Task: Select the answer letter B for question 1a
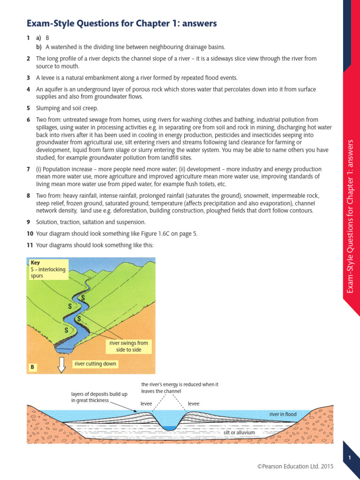point(47,37)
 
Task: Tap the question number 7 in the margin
point(29,169)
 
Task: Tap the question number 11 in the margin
point(30,245)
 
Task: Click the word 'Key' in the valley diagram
point(35,263)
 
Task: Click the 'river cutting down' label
point(95,364)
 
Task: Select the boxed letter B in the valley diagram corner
point(33,367)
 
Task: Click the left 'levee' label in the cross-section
point(147,403)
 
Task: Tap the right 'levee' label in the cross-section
point(194,403)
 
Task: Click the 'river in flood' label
point(283,414)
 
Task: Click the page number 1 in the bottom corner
point(350,457)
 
